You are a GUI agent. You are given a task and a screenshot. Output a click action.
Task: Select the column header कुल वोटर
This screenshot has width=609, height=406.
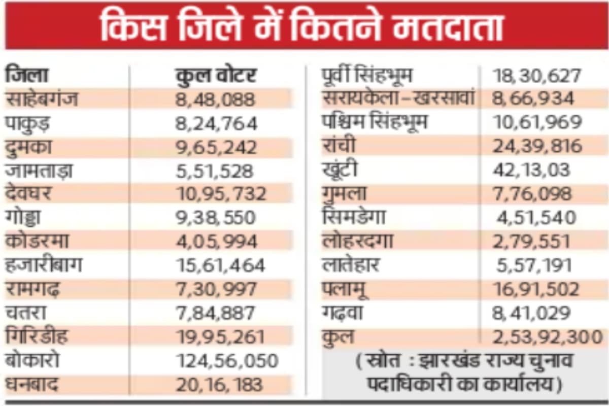216,76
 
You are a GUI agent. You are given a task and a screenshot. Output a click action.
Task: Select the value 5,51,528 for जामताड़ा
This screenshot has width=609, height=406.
214,171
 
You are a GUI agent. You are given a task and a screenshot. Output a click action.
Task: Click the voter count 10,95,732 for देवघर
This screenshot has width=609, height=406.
221,194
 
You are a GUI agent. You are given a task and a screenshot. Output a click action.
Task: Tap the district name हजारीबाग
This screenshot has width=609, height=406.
43,265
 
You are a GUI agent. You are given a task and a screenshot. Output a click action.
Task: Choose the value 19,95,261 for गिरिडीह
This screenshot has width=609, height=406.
220,336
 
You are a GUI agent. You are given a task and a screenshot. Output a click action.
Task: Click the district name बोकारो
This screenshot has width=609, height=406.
33,360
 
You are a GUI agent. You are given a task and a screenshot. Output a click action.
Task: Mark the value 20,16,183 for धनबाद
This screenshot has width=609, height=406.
219,384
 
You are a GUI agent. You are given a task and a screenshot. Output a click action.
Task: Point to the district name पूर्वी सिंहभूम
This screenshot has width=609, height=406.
367,76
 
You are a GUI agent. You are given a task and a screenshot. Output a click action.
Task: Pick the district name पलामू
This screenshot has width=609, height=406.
345,289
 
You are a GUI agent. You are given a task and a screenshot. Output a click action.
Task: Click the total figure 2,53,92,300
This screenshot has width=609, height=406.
547,336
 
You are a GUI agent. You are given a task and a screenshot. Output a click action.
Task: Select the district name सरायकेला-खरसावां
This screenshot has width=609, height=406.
398,98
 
